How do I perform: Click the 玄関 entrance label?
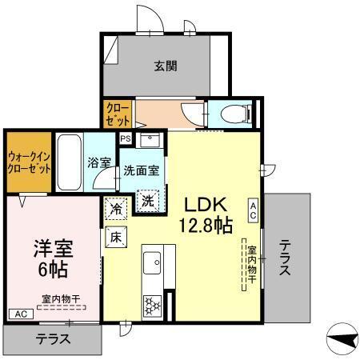click(x=166, y=67)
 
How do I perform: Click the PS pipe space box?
click(x=126, y=138)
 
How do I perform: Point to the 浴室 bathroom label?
click(x=99, y=162)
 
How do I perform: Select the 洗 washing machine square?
click(x=148, y=199)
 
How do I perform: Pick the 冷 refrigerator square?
click(x=116, y=208)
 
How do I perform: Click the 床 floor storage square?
click(x=116, y=236)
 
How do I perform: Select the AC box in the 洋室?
click(x=18, y=314)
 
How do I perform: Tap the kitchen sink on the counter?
click(x=150, y=260)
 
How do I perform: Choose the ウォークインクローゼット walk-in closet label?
click(x=30, y=163)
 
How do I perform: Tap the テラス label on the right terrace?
click(x=285, y=258)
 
